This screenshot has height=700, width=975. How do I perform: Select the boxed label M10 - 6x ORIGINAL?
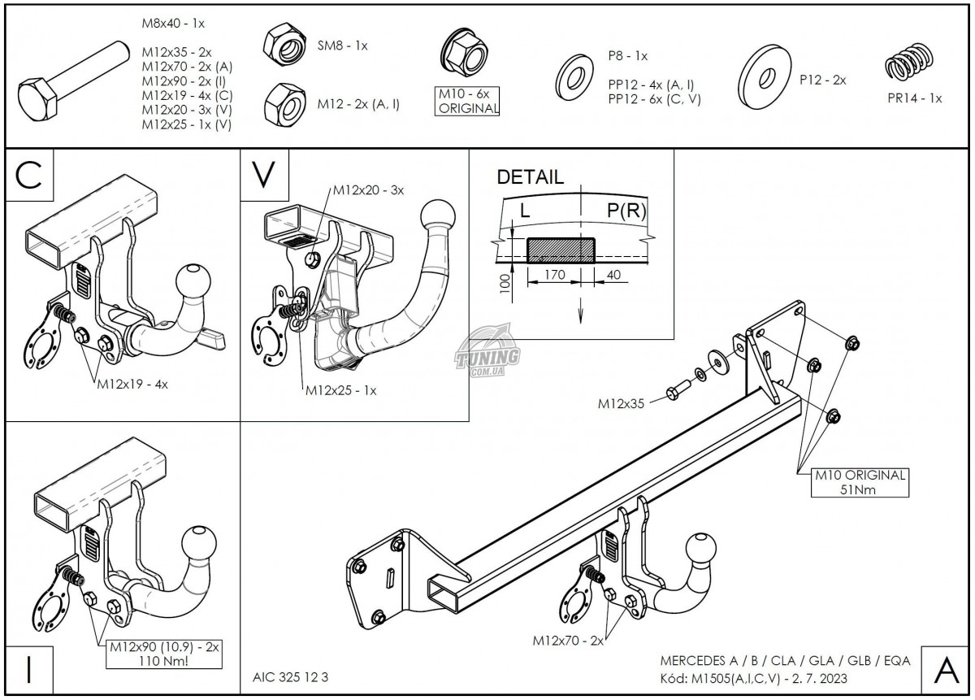[467, 102]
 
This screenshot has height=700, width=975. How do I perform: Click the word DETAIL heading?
[529, 178]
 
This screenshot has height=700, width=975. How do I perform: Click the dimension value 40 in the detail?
[613, 275]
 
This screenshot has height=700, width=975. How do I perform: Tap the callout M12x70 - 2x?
[568, 641]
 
